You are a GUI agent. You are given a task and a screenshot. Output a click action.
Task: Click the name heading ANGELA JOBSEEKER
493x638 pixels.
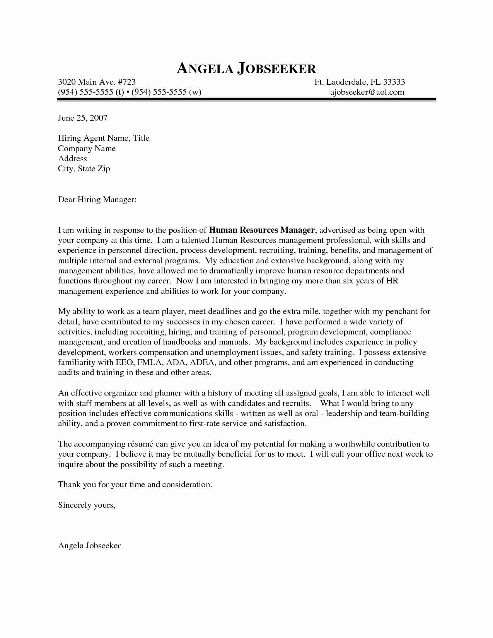246,69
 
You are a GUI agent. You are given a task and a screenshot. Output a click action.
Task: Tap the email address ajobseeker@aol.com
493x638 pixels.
367,92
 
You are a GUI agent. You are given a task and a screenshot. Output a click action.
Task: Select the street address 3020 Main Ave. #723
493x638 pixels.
97,82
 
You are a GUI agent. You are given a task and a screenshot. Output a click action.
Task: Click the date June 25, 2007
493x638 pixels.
82,118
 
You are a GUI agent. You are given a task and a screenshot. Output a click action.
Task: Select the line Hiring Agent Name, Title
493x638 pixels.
104,138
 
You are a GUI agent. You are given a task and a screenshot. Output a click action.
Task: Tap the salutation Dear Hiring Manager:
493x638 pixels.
97,200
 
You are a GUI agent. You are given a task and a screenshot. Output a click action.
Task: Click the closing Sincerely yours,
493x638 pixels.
87,505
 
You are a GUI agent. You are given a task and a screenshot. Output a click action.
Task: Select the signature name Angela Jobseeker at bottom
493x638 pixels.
89,546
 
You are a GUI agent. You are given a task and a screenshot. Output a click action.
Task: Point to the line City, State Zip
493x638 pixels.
84,169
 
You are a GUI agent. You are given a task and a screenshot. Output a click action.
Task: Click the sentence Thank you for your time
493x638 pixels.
135,484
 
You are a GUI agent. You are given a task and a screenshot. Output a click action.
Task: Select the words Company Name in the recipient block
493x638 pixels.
87,149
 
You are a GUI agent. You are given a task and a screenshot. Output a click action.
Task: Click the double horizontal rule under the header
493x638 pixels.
246,101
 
